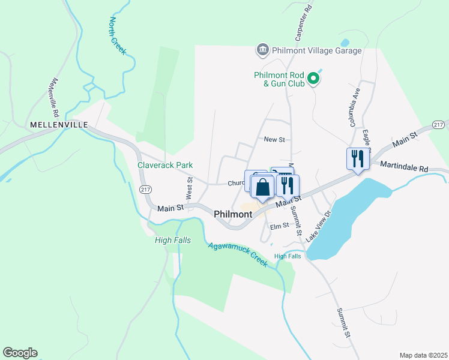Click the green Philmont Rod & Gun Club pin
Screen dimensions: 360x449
tap(313, 79)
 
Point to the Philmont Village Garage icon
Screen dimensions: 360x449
tap(262, 50)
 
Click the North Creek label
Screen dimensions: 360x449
tap(117, 35)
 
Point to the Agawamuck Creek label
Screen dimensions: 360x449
tap(238, 254)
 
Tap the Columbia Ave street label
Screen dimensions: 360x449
tap(355, 108)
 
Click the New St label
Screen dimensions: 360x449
tap(274, 139)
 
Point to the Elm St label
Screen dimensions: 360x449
tap(280, 226)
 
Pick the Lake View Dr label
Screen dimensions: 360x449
tap(319, 226)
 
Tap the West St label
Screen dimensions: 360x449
tap(189, 188)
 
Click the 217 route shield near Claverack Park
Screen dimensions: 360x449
tap(145, 189)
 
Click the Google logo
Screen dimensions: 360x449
tap(20, 353)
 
